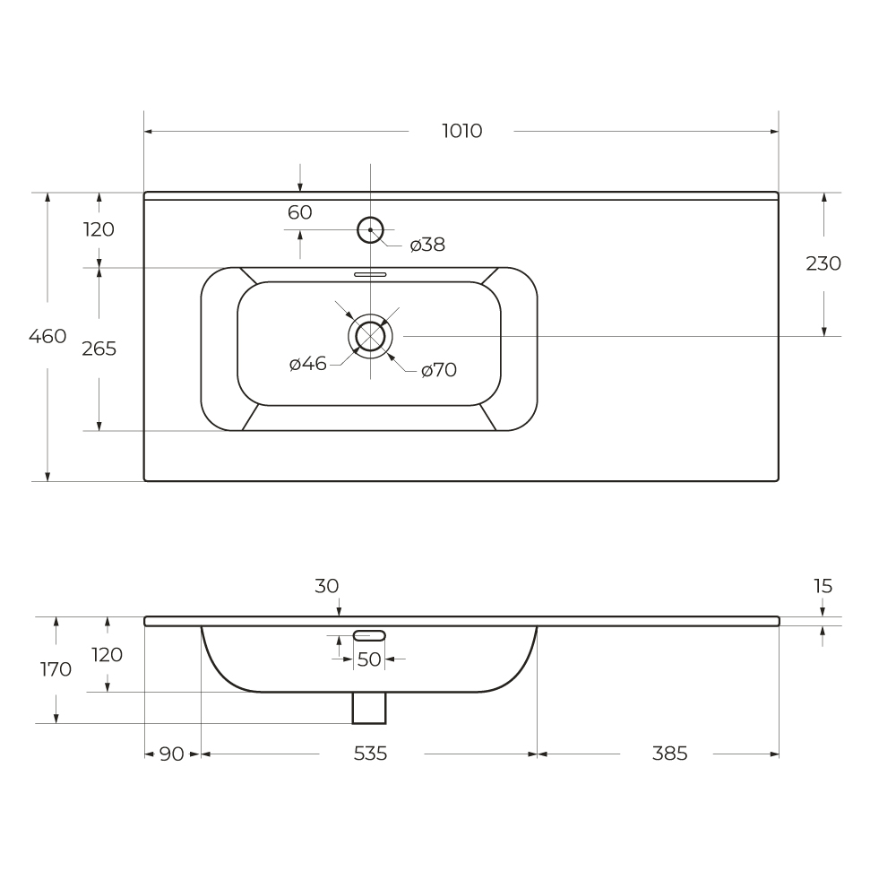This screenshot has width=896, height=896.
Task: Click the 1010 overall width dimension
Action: click(x=461, y=131)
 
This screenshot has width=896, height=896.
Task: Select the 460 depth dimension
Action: click(x=47, y=336)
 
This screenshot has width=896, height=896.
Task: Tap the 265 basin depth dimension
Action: click(x=99, y=349)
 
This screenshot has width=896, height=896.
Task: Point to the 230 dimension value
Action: click(x=823, y=263)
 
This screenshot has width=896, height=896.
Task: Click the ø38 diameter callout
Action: click(x=427, y=245)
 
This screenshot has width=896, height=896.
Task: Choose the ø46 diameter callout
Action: click(x=308, y=364)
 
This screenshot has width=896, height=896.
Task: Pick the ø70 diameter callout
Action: click(x=439, y=370)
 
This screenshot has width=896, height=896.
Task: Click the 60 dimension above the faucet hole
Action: click(x=300, y=212)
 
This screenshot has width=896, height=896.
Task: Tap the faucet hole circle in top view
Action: click(x=370, y=217)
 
